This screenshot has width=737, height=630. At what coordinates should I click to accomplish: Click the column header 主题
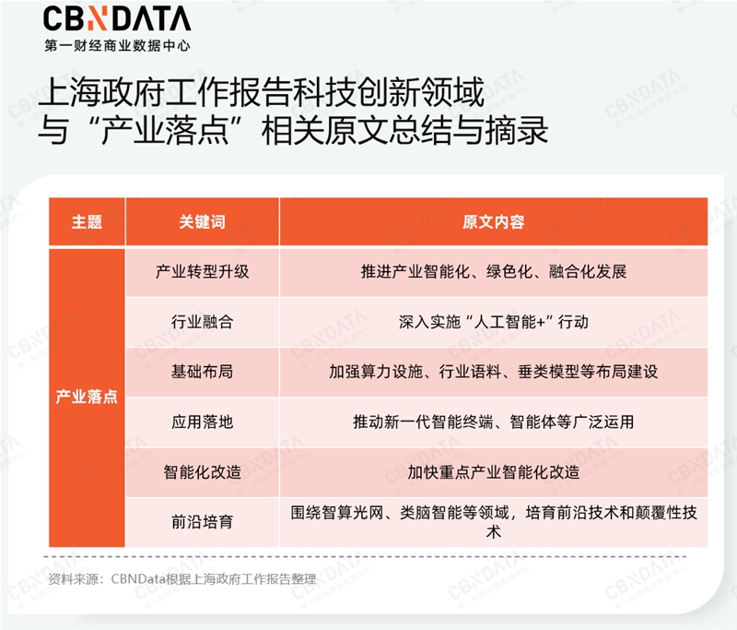pyautogui.click(x=87, y=222)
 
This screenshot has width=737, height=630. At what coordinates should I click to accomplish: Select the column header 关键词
pyautogui.click(x=202, y=222)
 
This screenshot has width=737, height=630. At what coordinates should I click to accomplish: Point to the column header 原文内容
pyautogui.click(x=494, y=222)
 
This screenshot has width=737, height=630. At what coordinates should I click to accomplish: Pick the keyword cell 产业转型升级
pyautogui.click(x=202, y=272)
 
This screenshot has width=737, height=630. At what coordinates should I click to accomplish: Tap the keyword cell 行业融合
pyautogui.click(x=202, y=323)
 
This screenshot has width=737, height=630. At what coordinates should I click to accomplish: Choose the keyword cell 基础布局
pyautogui.click(x=202, y=373)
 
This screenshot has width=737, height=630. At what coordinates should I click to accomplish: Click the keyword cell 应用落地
pyautogui.click(x=202, y=422)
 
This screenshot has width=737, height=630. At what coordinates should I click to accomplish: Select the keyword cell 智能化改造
pyautogui.click(x=202, y=472)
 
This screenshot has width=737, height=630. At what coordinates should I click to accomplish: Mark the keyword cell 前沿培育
pyautogui.click(x=202, y=522)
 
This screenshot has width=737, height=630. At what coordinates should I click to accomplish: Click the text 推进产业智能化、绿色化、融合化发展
pyautogui.click(x=494, y=272)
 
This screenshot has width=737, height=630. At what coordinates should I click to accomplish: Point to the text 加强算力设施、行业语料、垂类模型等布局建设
pyautogui.click(x=494, y=373)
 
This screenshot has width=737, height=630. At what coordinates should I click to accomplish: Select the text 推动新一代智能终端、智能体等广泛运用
pyautogui.click(x=494, y=422)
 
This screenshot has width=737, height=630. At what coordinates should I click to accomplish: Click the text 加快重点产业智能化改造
pyautogui.click(x=494, y=472)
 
